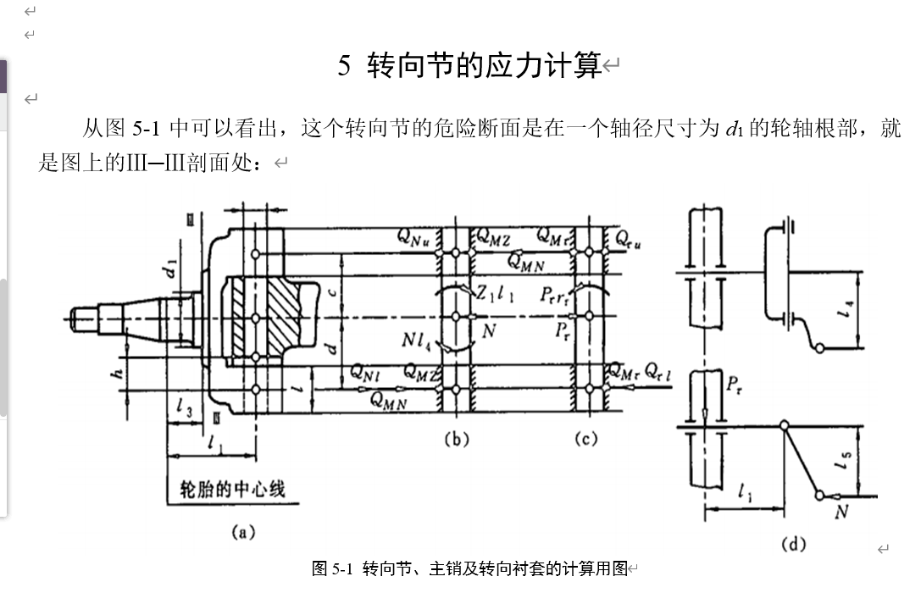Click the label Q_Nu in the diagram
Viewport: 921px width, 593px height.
click(415, 238)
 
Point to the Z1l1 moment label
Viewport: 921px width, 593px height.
click(495, 294)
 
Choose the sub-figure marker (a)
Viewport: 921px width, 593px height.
click(243, 532)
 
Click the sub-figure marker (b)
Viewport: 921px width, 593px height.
click(456, 438)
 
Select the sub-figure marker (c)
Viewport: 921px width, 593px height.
click(585, 438)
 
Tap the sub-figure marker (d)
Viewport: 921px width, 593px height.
click(793, 543)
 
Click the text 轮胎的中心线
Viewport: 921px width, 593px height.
click(233, 489)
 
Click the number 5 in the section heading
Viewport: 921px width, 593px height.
click(344, 66)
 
